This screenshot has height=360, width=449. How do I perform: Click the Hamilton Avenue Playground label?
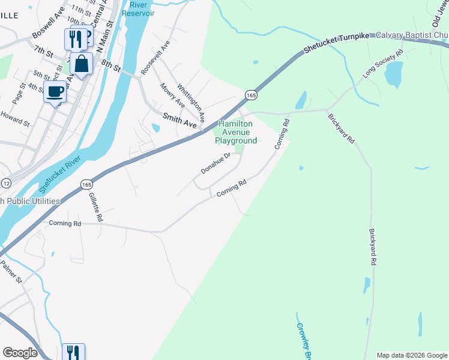point(236,132)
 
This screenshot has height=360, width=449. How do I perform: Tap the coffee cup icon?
point(55,92)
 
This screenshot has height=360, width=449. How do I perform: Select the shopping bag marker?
point(81,63)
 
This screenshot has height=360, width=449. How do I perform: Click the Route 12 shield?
point(6,182)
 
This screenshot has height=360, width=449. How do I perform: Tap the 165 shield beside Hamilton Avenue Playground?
point(251,95)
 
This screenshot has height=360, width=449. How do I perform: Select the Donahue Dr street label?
point(215,163)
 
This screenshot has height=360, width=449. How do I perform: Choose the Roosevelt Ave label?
point(155,58)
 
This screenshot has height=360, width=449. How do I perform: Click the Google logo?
point(20,353)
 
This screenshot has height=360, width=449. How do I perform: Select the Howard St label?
point(15,118)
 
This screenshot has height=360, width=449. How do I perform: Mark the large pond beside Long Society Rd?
point(393,75)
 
